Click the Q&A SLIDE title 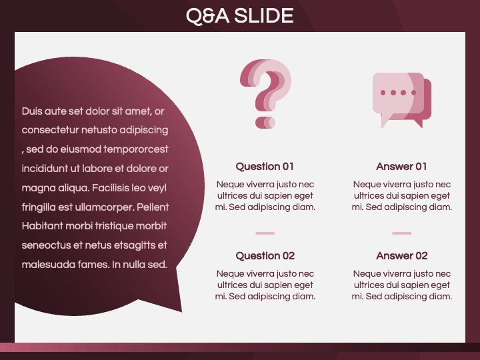pyautogui.click(x=240, y=16)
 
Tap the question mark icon pyautogui.click(x=265, y=94)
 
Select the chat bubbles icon pyautogui.click(x=401, y=101)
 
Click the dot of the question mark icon pyautogui.click(x=265, y=123)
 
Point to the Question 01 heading pyautogui.click(x=265, y=167)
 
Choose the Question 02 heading pyautogui.click(x=265, y=256)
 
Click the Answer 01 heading pyautogui.click(x=401, y=167)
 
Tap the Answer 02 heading pyautogui.click(x=401, y=256)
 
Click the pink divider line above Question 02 pyautogui.click(x=265, y=233)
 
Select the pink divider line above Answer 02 pyautogui.click(x=401, y=233)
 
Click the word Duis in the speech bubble pyautogui.click(x=32, y=111)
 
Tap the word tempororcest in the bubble pyautogui.click(x=135, y=149)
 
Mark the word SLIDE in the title pyautogui.click(x=264, y=16)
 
